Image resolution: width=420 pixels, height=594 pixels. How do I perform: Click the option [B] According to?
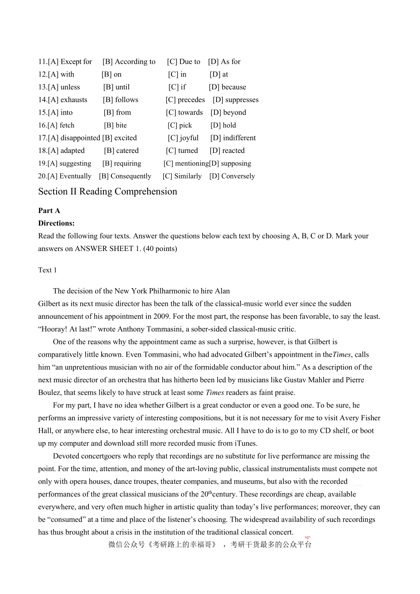129,62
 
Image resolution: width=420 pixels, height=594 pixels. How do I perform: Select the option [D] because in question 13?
227,88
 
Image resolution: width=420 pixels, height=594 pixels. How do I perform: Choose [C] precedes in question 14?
185,100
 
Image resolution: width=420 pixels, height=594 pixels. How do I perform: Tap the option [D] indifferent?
233,138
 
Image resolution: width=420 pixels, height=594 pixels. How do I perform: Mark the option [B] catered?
121,151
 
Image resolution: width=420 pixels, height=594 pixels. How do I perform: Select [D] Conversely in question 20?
232,176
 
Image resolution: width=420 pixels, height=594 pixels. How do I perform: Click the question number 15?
42,113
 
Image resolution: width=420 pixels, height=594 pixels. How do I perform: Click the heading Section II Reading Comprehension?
107,192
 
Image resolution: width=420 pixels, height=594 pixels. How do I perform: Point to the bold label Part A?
49,211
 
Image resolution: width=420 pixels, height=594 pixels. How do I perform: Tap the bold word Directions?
56,224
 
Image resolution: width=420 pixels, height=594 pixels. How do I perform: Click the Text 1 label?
47,270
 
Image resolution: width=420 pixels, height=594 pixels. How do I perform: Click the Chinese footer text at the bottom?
210,544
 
